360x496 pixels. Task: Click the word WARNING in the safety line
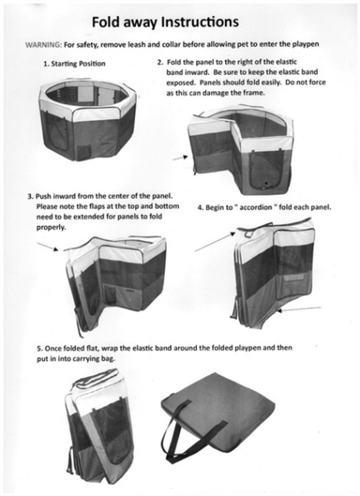tap(43, 45)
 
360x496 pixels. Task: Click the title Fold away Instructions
tap(165, 22)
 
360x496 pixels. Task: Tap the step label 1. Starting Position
tap(74, 64)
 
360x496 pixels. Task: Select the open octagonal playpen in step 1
tap(87, 120)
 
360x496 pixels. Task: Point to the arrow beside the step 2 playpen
tap(180, 157)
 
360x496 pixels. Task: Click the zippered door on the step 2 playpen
tap(265, 169)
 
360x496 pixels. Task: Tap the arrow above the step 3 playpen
tap(48, 247)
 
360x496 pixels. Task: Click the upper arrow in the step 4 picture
tap(215, 242)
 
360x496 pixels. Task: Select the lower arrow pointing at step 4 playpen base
tap(299, 309)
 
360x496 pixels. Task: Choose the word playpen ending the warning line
tap(305, 44)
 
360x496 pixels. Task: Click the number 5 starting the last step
tap(39, 348)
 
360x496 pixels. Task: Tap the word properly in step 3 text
tap(51, 228)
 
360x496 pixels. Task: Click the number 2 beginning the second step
tap(160, 62)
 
